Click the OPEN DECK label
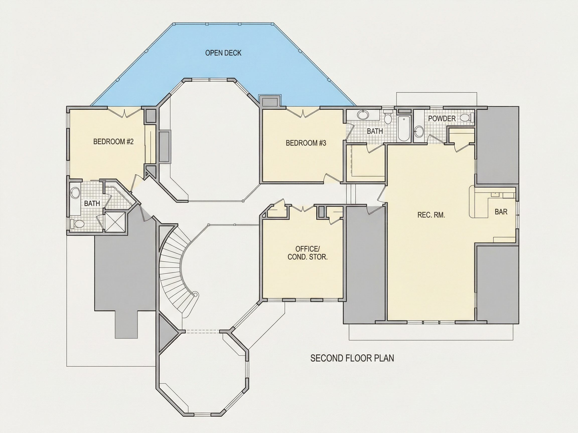click(x=223, y=53)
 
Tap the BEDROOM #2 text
click(x=113, y=142)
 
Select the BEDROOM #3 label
click(x=306, y=143)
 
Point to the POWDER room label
click(x=442, y=119)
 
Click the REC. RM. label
click(x=431, y=215)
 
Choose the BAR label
click(x=501, y=212)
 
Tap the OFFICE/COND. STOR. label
click(x=308, y=253)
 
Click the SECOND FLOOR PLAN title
click(x=352, y=358)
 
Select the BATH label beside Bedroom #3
click(x=375, y=131)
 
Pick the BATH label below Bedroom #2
click(x=92, y=203)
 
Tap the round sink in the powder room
click(x=419, y=131)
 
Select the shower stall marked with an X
click(x=115, y=222)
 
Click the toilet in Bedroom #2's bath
click(x=77, y=224)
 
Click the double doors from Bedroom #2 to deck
click(x=125, y=113)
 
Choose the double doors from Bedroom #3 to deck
click(x=303, y=113)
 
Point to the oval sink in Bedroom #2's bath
click(x=75, y=193)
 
